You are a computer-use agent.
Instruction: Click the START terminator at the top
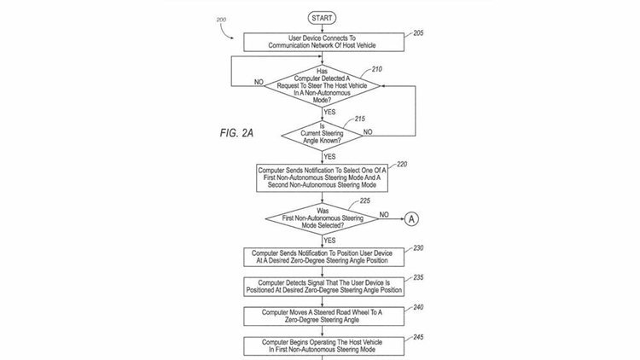pyautogui.click(x=322, y=16)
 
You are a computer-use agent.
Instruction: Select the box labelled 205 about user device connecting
pyautogui.click(x=322, y=39)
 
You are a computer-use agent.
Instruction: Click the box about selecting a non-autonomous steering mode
pyautogui.click(x=322, y=177)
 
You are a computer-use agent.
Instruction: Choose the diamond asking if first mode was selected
pyautogui.click(x=322, y=219)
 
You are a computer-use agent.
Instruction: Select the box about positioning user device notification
pyautogui.click(x=322, y=258)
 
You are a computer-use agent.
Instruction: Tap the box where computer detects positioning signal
pyautogui.click(x=322, y=286)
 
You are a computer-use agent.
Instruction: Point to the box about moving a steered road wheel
pyautogui.click(x=322, y=315)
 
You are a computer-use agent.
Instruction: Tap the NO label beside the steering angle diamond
pyautogui.click(x=369, y=132)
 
